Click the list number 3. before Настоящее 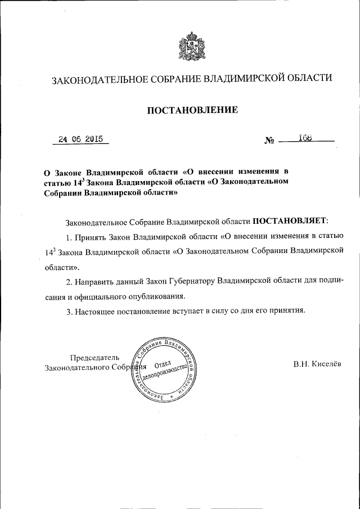(x=70, y=310)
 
